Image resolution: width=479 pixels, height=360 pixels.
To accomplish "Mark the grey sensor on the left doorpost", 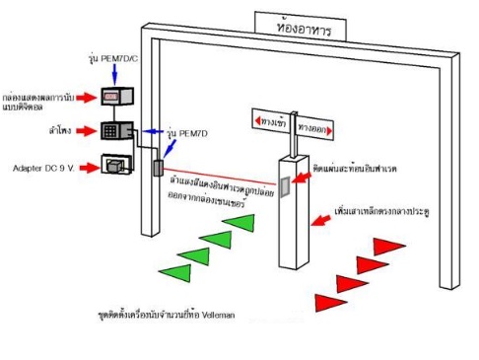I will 156,167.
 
